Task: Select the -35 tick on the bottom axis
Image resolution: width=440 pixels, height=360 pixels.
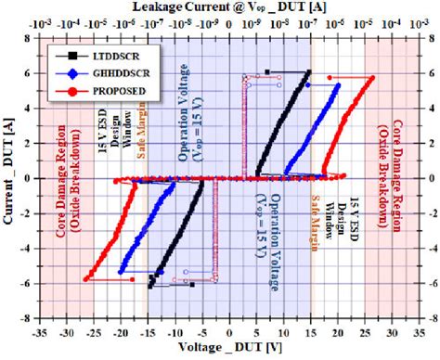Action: point(38,331)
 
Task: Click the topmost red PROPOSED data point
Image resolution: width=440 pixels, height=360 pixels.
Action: point(372,78)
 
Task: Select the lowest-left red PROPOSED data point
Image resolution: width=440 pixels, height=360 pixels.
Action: point(85,278)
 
